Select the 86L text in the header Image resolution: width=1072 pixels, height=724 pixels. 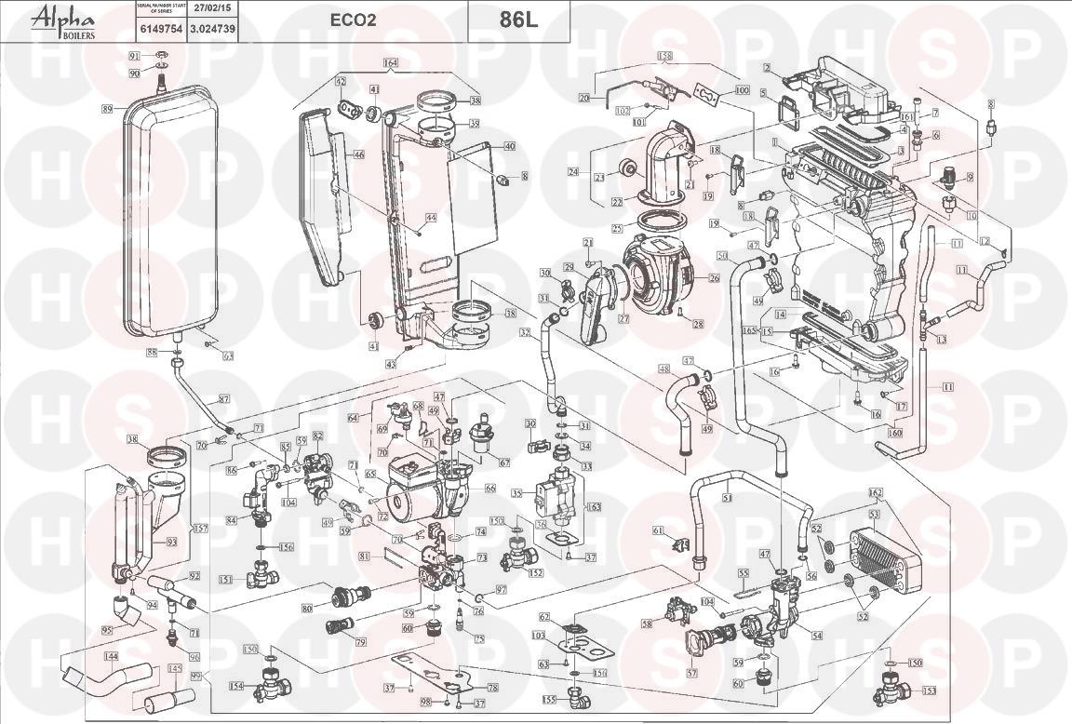(x=518, y=20)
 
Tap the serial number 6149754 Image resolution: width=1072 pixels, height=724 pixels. (x=154, y=29)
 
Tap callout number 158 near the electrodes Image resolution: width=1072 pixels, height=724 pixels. (x=664, y=56)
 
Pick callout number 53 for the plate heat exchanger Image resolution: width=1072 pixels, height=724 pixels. (x=874, y=513)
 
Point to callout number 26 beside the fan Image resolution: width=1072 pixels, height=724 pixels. (x=714, y=278)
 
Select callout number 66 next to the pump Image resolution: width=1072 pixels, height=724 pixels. (x=489, y=487)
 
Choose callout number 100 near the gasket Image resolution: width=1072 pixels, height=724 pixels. (x=742, y=90)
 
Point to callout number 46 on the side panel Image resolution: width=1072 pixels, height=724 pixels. (x=358, y=155)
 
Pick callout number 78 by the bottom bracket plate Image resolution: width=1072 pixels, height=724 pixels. (x=493, y=687)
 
